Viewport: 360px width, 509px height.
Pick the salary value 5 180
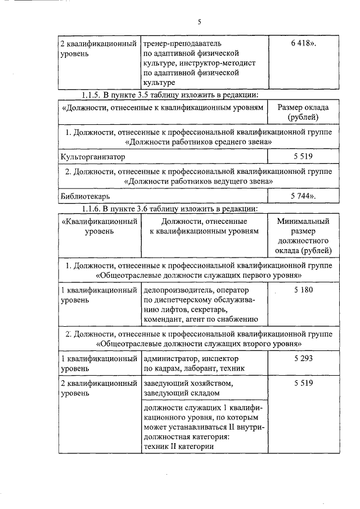pos(303,290)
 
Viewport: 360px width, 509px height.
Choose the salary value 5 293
pos(303,358)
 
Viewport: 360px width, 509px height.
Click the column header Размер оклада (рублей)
pos(303,112)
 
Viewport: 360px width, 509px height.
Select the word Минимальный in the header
pos(303,221)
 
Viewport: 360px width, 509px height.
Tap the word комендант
pos(163,320)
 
